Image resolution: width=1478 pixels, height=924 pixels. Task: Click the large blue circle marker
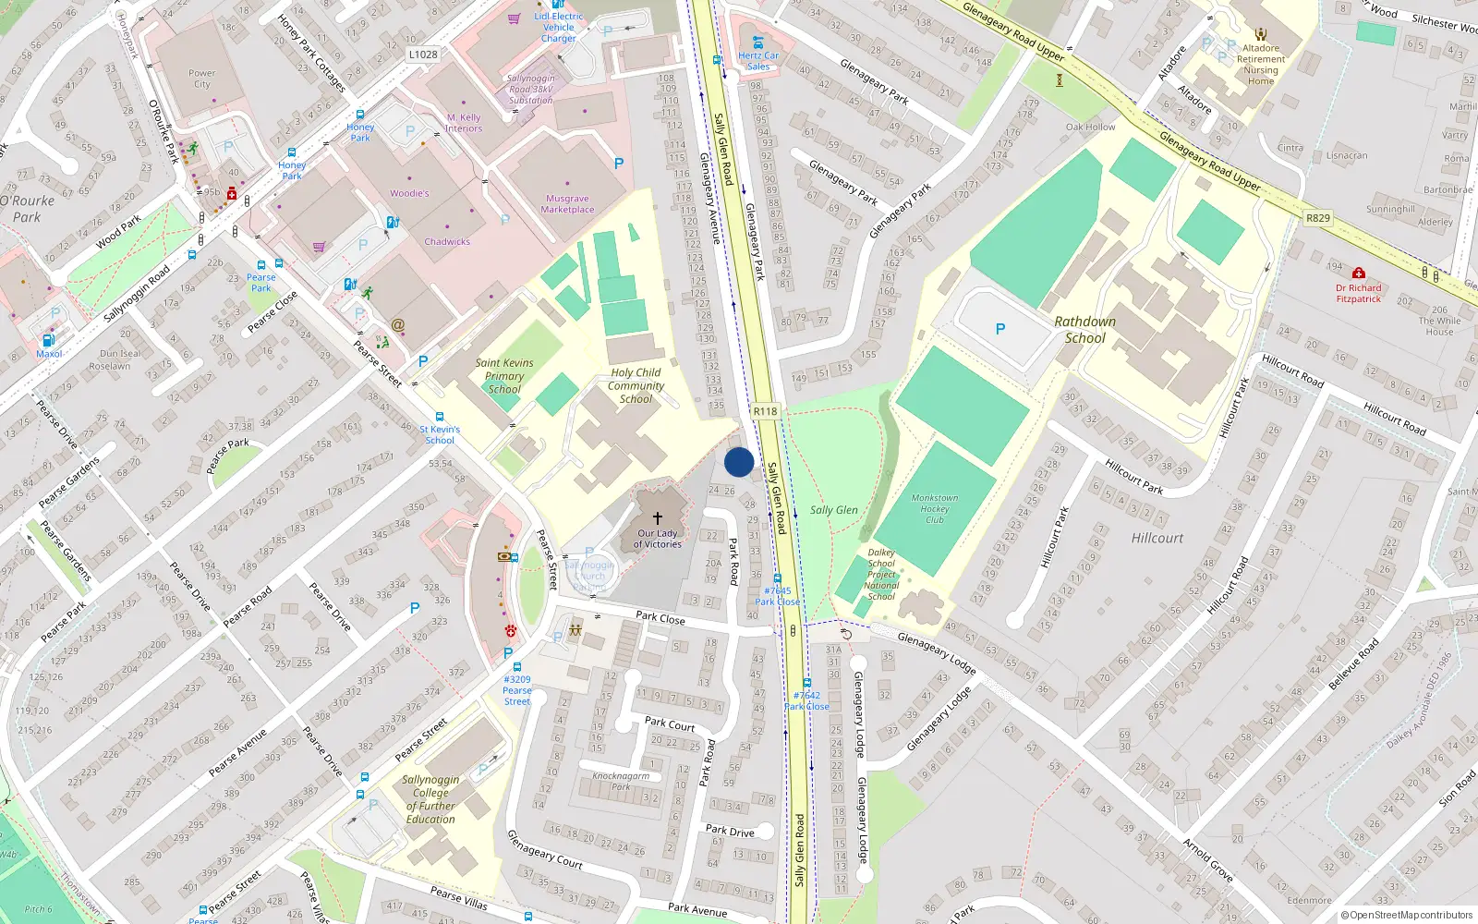(739, 461)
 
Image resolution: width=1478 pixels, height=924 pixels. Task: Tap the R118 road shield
(765, 411)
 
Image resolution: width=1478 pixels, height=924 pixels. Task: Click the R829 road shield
(1318, 218)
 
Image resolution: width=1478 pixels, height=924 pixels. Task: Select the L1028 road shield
(423, 55)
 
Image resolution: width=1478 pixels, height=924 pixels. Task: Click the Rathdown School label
(1084, 330)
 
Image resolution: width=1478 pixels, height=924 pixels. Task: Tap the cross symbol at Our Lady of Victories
(658, 518)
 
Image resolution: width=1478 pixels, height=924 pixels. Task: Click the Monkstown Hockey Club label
(935, 509)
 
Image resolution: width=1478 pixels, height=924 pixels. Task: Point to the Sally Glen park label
(833, 510)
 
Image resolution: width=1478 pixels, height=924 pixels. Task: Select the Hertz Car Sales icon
(757, 43)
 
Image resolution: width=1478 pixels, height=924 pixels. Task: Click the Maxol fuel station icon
(48, 340)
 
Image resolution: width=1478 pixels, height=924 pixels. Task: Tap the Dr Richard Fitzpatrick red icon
(1358, 274)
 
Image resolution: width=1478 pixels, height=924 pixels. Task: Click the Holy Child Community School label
(636, 385)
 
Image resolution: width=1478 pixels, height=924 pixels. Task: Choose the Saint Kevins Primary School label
(504, 376)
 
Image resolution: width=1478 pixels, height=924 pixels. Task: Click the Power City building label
(202, 79)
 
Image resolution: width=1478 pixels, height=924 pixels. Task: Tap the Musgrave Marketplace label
(567, 204)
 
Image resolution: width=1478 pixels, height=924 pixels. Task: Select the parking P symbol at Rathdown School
(999, 329)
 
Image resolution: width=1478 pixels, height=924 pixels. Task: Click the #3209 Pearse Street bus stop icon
(516, 666)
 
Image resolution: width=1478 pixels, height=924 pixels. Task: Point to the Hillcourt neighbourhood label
(1157, 538)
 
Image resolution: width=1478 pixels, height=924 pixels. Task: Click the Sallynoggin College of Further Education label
(430, 799)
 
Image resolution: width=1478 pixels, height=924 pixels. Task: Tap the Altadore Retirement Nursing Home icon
(1261, 34)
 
